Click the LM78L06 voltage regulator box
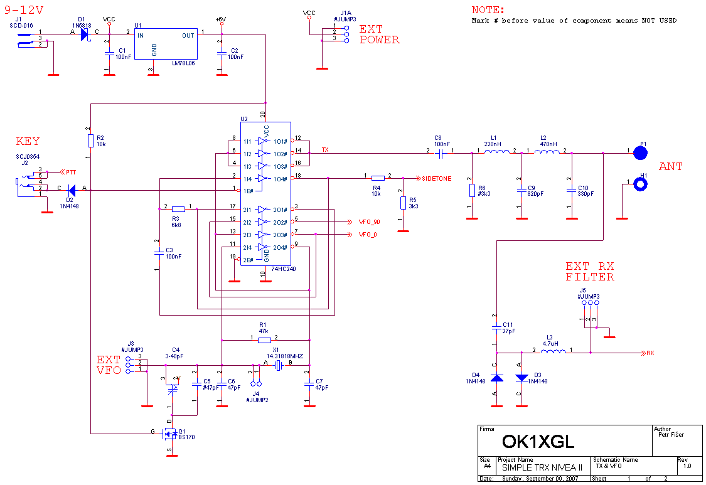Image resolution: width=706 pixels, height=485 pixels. pyautogui.click(x=166, y=44)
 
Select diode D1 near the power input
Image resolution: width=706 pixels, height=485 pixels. pyautogui.click(x=85, y=35)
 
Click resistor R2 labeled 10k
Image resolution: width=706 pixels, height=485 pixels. pyautogui.click(x=91, y=141)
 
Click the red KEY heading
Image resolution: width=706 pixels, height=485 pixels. pyautogui.click(x=28, y=142)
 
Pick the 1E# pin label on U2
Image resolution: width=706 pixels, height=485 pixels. pyautogui.click(x=249, y=191)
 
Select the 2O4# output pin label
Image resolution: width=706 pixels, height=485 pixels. pyautogui.click(x=280, y=248)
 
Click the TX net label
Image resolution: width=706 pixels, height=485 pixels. pyautogui.click(x=325, y=150)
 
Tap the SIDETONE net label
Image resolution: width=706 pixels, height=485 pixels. pyautogui.click(x=436, y=179)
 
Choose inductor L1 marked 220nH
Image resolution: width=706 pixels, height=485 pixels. pyautogui.click(x=496, y=152)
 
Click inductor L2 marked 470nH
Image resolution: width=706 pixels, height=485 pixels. pyautogui.click(x=547, y=152)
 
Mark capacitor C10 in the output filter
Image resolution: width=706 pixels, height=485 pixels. pyautogui.click(x=572, y=189)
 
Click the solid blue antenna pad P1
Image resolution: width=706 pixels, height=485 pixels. pyautogui.click(x=640, y=152)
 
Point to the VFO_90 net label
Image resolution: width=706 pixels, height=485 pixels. pyautogui.click(x=368, y=222)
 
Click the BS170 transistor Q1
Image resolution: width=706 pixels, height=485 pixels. pyautogui.click(x=170, y=434)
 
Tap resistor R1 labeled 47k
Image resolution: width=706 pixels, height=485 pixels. pyautogui.click(x=265, y=340)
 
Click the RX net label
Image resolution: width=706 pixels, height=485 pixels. pyautogui.click(x=650, y=353)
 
